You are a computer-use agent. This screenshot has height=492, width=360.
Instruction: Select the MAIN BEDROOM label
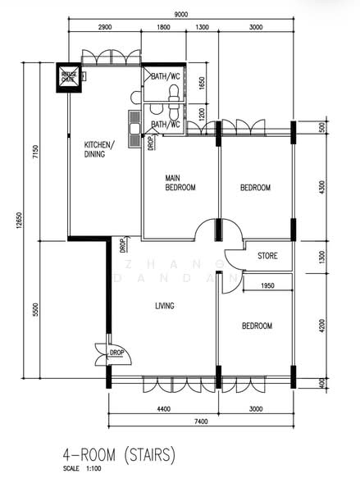point(180,182)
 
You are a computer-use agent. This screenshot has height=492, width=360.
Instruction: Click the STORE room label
point(267,256)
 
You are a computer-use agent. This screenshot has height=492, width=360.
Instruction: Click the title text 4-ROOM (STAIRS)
point(119,453)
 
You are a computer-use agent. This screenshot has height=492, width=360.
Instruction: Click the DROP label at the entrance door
point(116,353)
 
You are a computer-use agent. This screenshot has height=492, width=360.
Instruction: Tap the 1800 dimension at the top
point(162,27)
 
